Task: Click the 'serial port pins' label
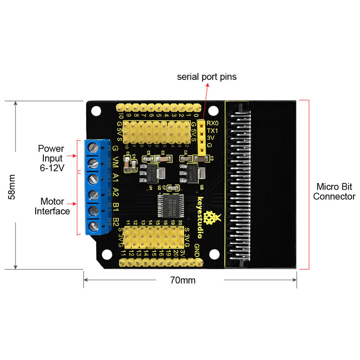click(207, 77)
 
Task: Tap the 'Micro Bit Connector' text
click(334, 191)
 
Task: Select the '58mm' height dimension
click(12, 186)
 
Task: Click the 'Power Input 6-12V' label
click(51, 158)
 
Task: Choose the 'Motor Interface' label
click(52, 206)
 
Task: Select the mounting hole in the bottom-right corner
click(214, 254)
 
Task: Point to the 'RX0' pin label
click(213, 123)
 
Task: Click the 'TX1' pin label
click(212, 130)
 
